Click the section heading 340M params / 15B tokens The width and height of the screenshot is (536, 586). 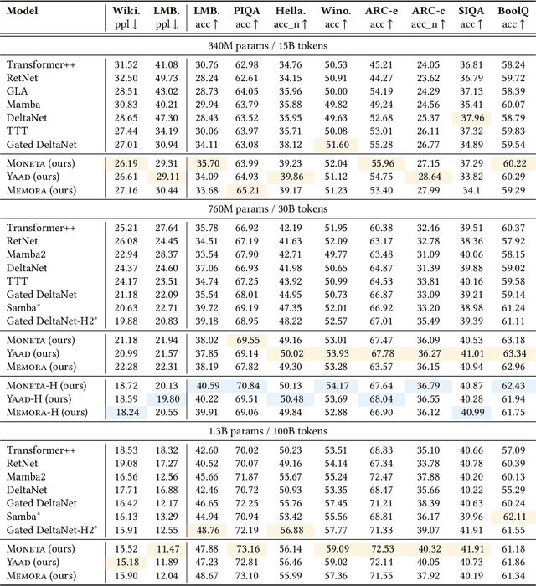[268, 45]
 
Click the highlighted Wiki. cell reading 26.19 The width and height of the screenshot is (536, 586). [126, 163]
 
